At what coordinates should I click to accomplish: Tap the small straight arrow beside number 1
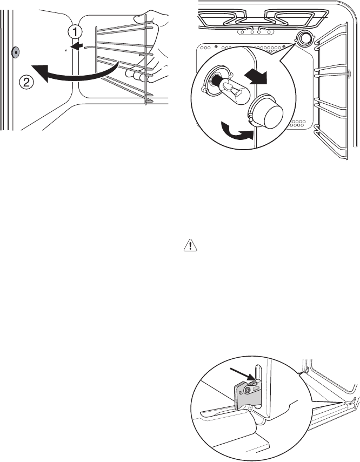point(77,48)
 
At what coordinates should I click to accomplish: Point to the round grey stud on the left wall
point(15,52)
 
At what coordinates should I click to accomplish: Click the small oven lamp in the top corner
point(305,38)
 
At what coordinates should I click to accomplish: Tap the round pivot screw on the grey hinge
point(248,389)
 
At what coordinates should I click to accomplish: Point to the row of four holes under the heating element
point(255,31)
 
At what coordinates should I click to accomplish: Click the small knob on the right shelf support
point(349,73)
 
